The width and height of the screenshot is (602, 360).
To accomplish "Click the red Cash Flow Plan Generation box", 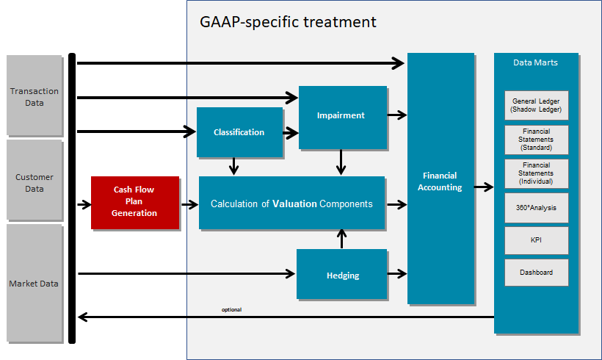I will (135, 202).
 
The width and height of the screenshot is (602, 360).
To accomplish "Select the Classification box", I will (239, 132).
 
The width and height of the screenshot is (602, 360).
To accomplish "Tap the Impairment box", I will (342, 116).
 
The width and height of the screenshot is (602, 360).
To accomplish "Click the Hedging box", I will (341, 275).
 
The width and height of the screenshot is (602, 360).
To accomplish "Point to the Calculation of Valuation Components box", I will (291, 204).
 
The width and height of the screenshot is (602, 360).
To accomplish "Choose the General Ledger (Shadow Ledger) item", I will (536, 105).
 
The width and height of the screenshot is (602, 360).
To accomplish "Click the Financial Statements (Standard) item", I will (536, 139).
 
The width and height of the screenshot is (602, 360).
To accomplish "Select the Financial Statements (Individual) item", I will (536, 173).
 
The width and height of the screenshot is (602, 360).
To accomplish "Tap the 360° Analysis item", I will (536, 207).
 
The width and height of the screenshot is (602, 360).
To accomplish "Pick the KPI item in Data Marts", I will (536, 240).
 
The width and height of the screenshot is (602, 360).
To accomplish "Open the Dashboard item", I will (536, 273).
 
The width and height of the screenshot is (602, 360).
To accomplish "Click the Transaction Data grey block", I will (35, 96).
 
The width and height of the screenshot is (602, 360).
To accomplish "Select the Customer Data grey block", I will (35, 182).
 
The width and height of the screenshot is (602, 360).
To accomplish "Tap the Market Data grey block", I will (35, 283).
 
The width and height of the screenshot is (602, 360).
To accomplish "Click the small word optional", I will (231, 309).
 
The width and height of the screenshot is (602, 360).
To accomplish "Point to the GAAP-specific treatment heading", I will (288, 22).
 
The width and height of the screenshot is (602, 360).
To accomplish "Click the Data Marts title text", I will (535, 62).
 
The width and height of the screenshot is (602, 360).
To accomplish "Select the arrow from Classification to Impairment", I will (291, 132).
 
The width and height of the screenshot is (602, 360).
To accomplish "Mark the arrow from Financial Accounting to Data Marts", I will (484, 187).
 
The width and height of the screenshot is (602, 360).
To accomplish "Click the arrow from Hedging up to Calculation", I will (341, 240).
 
